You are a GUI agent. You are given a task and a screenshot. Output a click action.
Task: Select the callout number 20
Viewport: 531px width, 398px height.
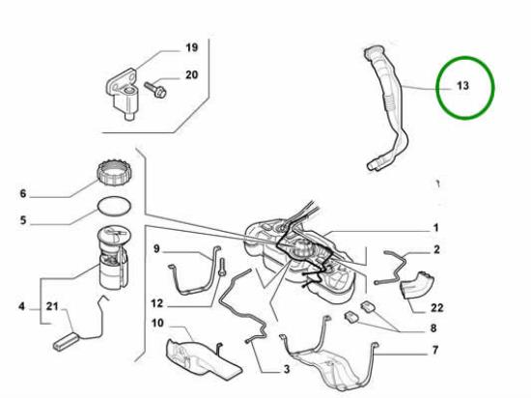[x=190, y=74]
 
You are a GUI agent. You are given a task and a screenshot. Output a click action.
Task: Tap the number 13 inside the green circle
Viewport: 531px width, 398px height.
[x=462, y=85]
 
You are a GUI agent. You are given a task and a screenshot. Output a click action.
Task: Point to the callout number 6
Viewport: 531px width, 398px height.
[x=23, y=192]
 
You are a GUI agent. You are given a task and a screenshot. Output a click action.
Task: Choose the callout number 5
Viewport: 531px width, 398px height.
[x=23, y=219]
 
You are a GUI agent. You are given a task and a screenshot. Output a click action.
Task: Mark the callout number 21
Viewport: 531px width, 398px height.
[x=53, y=307]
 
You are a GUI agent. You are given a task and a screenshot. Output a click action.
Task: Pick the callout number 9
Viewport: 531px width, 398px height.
[x=156, y=250]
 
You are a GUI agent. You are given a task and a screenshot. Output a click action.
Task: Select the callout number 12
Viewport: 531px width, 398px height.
[x=156, y=301]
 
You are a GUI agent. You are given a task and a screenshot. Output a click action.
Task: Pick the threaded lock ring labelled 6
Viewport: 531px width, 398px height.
[x=113, y=177]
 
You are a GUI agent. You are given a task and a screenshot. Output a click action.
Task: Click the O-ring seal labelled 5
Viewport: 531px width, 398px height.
[x=114, y=207]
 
